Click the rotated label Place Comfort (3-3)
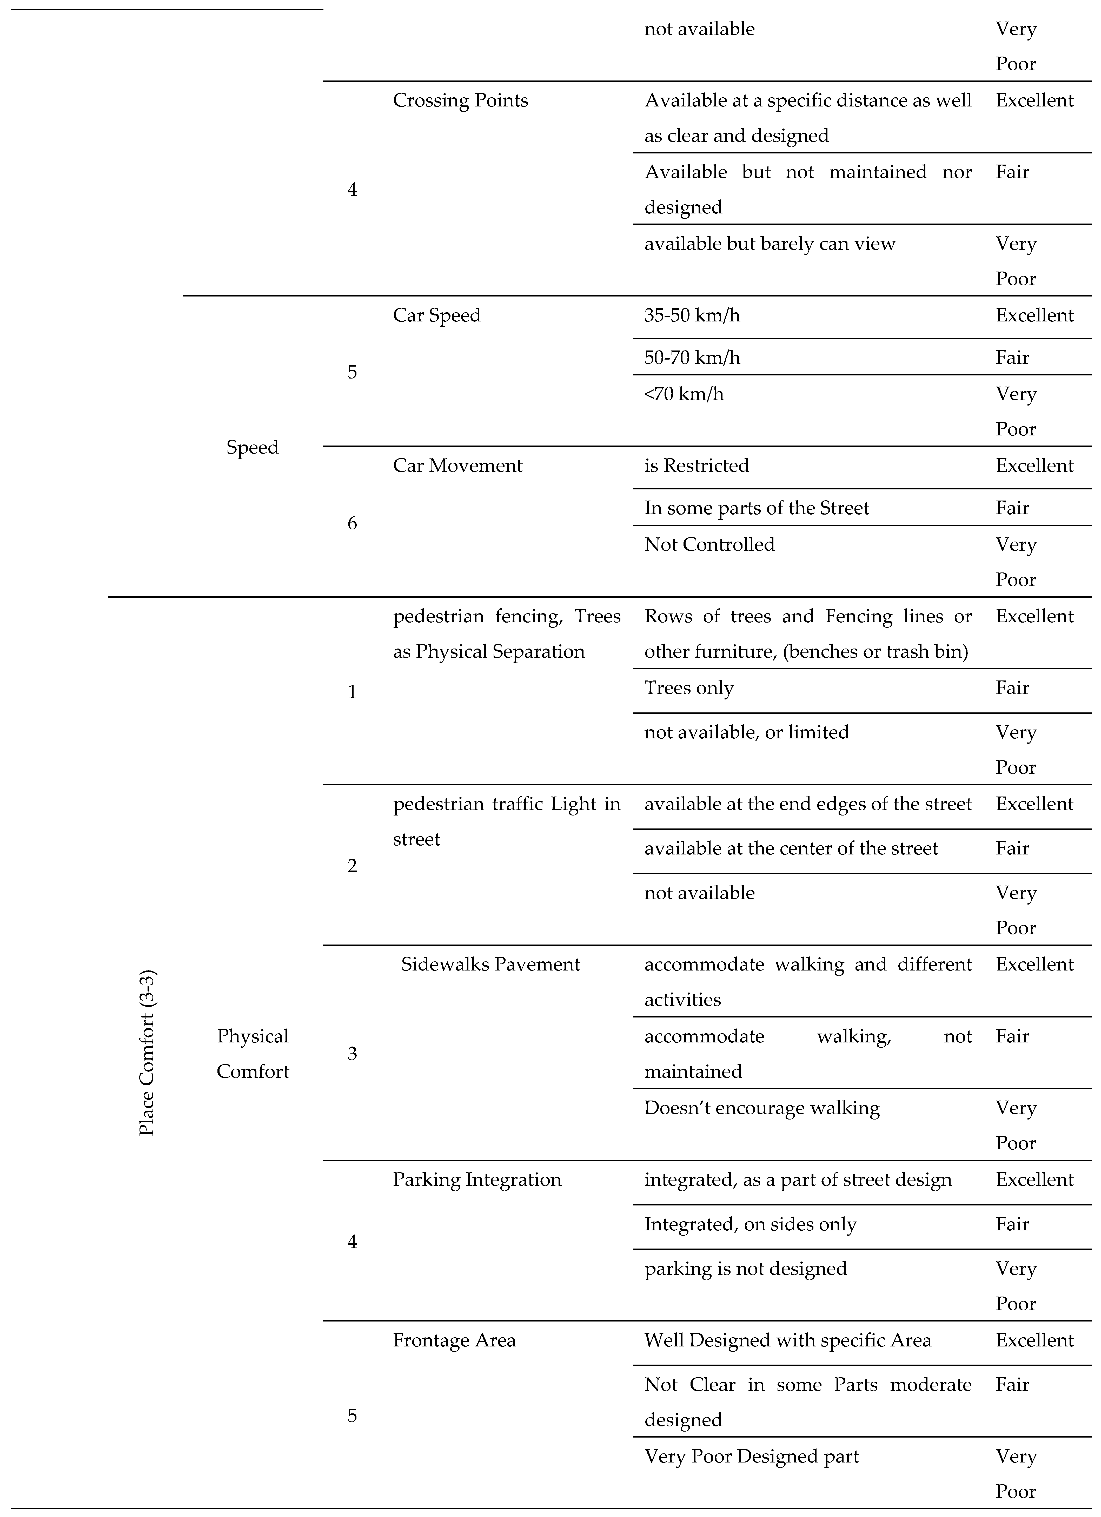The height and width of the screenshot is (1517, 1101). pos(147,1052)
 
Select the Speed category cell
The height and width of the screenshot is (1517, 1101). pos(252,447)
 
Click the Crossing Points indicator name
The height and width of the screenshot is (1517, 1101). pos(460,100)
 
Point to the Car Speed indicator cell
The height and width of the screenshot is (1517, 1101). pos(436,315)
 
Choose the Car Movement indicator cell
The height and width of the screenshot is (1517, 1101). pos(457,466)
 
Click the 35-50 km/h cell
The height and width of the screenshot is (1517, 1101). pos(692,315)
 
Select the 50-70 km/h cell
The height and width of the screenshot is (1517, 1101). pos(692,357)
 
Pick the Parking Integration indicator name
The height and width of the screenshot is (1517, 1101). pos(476,1179)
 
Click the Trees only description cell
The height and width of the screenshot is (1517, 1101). pos(689,687)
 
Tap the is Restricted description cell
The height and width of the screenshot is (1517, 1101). pos(696,466)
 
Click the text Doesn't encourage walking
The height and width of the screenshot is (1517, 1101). pos(762,1108)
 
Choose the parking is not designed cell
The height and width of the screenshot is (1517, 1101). pos(745,1268)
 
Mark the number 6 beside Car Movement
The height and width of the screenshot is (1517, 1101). pos(352,523)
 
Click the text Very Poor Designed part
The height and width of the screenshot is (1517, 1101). pos(751,1456)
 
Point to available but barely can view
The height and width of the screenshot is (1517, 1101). pos(770,244)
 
